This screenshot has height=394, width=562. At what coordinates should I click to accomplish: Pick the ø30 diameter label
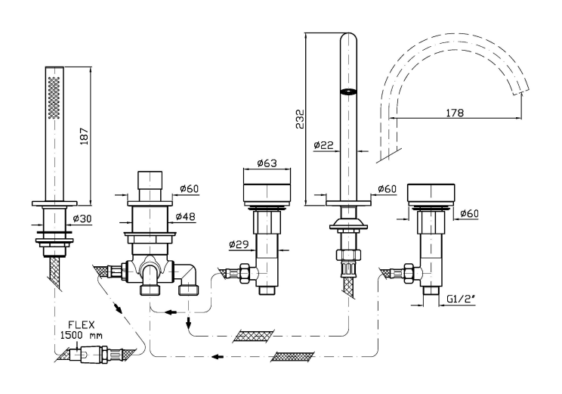82,219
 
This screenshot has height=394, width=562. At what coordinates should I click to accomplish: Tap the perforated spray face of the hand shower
53,98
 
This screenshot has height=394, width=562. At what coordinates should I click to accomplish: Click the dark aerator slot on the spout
348,92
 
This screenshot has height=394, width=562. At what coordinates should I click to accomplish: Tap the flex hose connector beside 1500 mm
98,352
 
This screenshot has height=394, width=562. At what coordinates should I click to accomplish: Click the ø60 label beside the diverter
190,189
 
